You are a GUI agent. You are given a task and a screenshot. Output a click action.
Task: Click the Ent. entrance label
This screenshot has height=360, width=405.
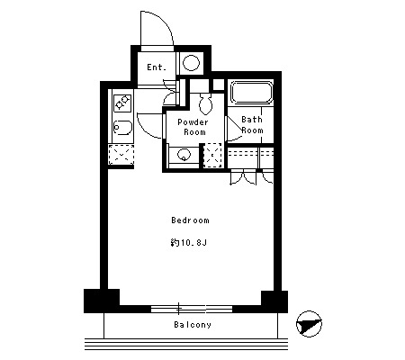coord(157,67)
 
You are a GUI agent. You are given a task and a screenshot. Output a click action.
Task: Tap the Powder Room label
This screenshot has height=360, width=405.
coord(193,127)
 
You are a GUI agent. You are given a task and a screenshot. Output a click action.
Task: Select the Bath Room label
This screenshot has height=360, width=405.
coord(252,125)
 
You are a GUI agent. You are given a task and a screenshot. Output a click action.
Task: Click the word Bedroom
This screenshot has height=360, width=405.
coord(190,220)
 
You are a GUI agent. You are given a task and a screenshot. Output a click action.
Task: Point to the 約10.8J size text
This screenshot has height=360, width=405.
coord(189,242)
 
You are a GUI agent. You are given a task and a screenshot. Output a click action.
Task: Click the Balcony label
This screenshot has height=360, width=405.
coord(193,325)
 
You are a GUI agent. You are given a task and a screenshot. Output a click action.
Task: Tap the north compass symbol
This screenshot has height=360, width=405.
coord(309,324)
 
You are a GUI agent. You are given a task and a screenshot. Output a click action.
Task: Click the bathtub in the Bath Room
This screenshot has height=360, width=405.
coord(251,93)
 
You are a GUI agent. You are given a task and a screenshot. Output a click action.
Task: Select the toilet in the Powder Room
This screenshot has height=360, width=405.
coord(206,103)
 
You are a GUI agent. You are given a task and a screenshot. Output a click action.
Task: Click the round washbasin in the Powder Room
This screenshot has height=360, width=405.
coord(184,155)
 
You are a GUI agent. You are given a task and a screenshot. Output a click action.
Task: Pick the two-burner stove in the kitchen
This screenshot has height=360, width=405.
coord(122,103)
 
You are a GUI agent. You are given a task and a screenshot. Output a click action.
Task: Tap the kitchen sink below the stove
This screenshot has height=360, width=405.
coord(122,128)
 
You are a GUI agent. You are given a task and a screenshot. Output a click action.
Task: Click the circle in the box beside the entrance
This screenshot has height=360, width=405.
coord(191,63)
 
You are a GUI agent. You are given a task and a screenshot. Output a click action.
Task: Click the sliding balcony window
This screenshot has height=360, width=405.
coord(192,309)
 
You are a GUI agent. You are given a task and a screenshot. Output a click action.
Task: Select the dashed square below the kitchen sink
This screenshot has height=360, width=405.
coord(121,155)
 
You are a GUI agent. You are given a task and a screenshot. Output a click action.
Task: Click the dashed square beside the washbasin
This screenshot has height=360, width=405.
coord(212,156)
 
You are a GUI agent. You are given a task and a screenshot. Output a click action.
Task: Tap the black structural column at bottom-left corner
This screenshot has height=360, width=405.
coord(102,301)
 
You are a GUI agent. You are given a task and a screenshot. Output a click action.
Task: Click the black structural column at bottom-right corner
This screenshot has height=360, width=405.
coord(274,301)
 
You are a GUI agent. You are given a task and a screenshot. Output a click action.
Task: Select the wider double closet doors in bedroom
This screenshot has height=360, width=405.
coord(243,178)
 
